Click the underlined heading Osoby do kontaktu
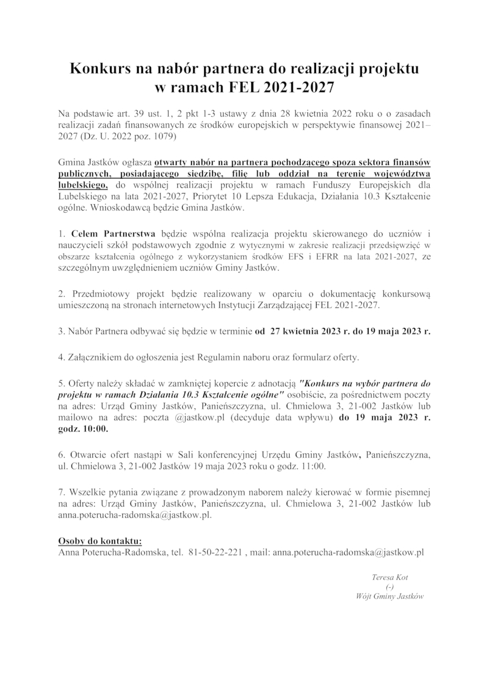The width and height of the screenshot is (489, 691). point(100,541)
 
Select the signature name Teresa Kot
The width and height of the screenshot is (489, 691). point(389,577)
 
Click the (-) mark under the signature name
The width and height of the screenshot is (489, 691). point(389,587)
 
